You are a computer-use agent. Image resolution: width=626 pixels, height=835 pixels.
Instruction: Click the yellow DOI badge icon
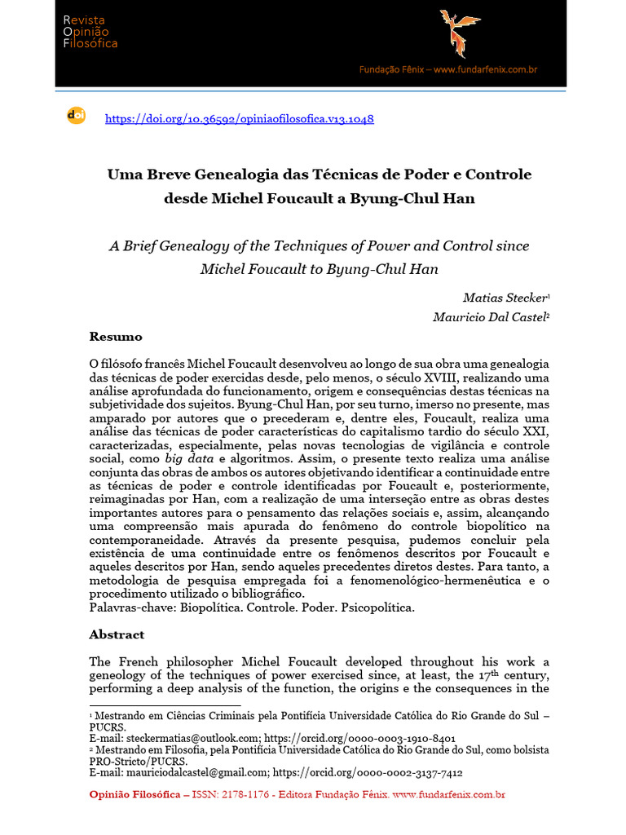tap(75, 116)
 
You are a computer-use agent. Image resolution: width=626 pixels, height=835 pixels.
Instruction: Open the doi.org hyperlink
tap(240, 119)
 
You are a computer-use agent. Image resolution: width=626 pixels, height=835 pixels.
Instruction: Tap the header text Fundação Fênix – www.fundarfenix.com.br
tap(448, 70)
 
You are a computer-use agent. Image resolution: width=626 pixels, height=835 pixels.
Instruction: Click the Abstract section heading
tap(117, 634)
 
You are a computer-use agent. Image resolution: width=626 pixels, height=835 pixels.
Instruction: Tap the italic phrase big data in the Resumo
tap(190, 460)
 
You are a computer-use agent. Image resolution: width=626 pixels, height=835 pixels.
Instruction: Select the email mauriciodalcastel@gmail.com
tap(196, 772)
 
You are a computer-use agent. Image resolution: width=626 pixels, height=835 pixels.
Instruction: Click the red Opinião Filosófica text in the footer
tap(134, 794)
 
